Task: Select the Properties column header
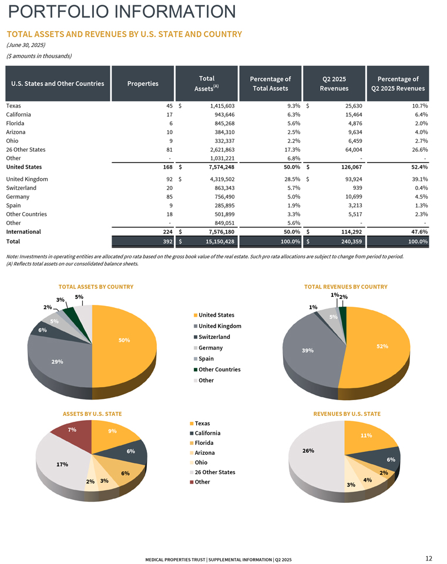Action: [x=143, y=83]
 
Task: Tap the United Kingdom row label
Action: [x=27, y=179]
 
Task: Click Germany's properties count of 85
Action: [x=169, y=196]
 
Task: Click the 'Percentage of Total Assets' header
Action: [x=270, y=83]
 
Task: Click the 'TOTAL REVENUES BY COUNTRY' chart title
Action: [x=346, y=287]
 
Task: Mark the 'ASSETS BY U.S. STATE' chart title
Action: [x=92, y=414]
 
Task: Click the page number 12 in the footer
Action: [x=428, y=558]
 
